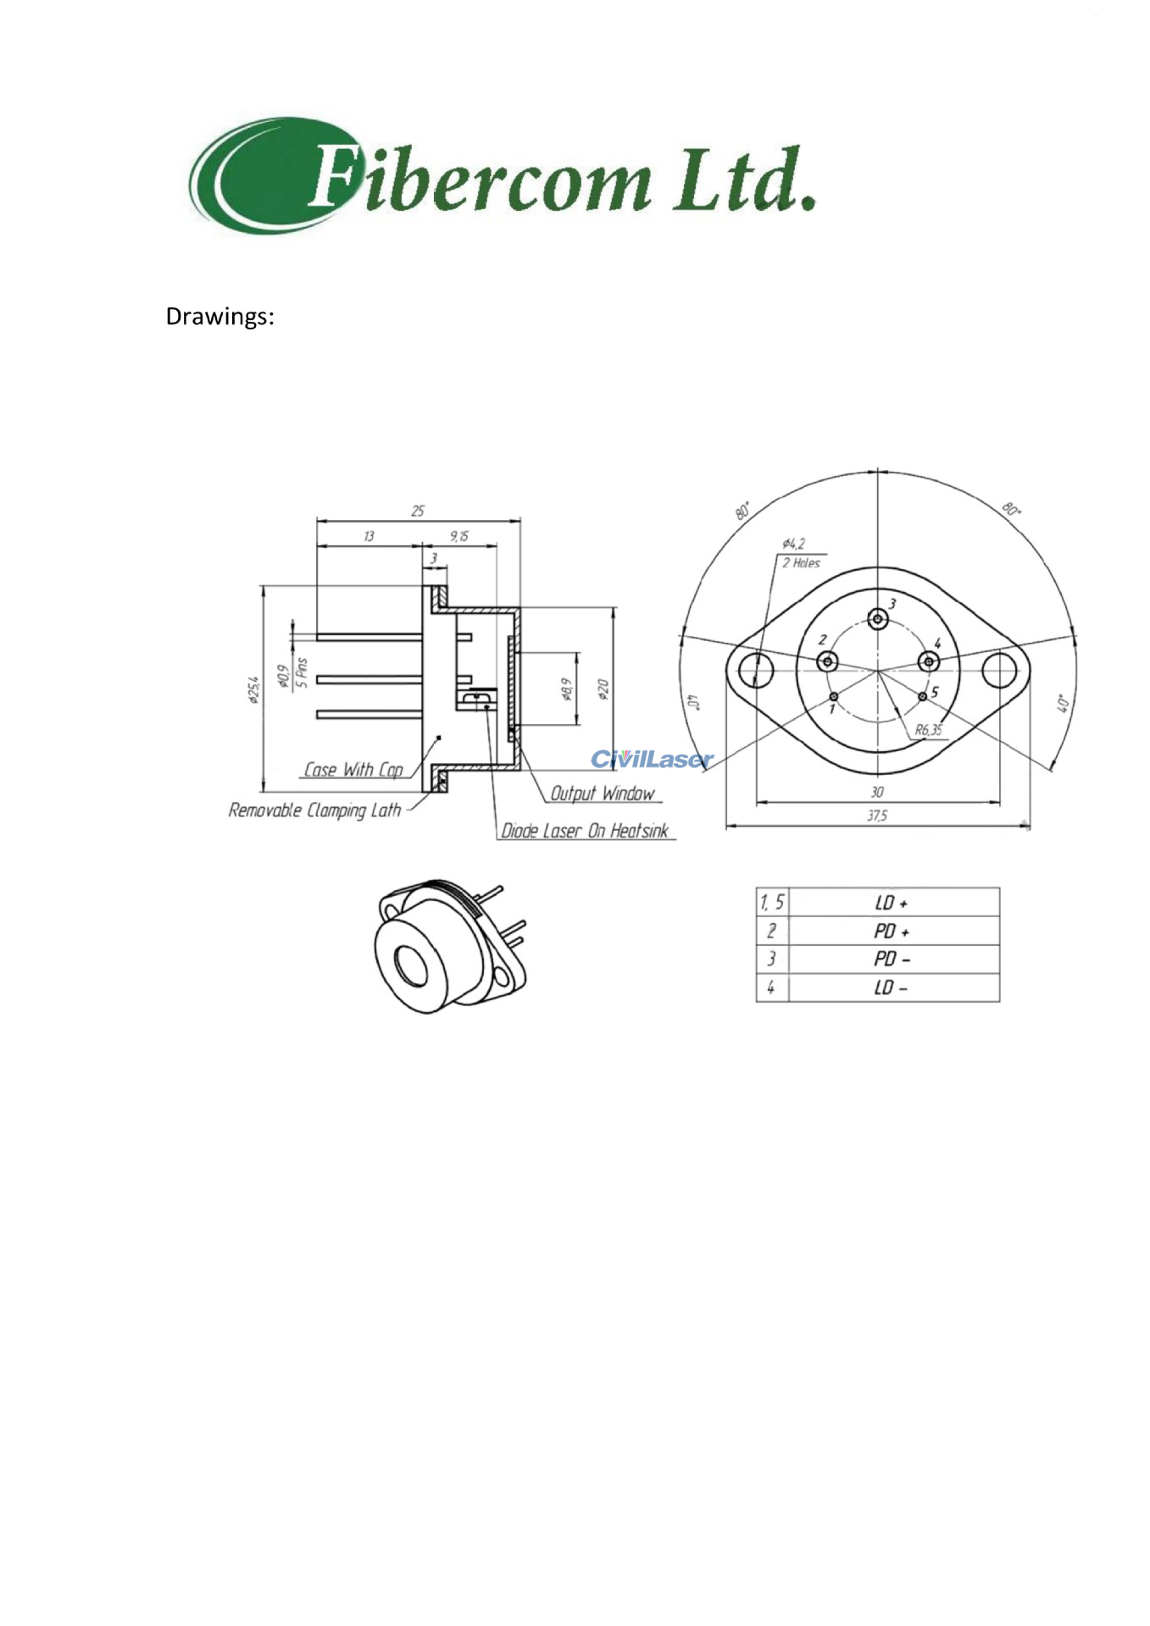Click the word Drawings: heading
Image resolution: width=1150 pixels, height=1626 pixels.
click(x=219, y=317)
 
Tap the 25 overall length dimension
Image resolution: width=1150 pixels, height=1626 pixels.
click(x=418, y=511)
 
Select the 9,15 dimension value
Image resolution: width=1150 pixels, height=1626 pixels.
click(x=458, y=536)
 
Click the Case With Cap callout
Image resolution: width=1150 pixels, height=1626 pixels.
click(x=353, y=770)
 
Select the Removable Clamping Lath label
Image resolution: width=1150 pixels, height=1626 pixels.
click(x=314, y=810)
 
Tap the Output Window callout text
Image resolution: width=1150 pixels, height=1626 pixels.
click(x=603, y=794)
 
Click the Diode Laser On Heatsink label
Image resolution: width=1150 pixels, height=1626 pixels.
click(x=585, y=831)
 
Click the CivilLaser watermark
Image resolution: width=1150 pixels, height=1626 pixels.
click(x=651, y=759)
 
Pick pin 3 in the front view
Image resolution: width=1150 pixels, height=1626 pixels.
click(x=878, y=619)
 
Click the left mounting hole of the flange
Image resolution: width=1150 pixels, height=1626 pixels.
click(x=756, y=671)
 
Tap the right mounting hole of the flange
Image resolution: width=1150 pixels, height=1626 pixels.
click(x=999, y=671)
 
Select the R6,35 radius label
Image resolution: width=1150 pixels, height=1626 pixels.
click(x=928, y=730)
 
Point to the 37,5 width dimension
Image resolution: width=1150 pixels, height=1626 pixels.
click(x=876, y=816)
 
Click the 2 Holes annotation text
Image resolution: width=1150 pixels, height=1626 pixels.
click(x=801, y=563)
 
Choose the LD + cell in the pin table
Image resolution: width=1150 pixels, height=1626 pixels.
click(x=892, y=903)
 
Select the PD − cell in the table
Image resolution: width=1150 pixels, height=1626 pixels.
click(x=892, y=960)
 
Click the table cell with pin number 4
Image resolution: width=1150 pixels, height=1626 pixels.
click(x=771, y=987)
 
